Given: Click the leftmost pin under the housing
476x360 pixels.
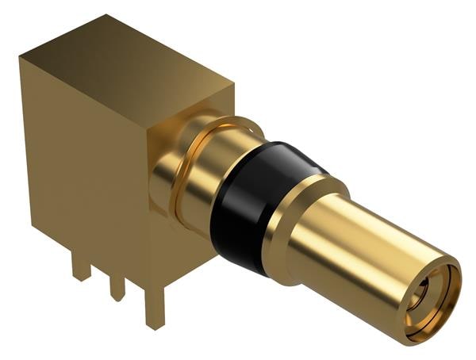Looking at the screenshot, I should coord(80,265).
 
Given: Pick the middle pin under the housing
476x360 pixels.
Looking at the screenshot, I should coord(117,285).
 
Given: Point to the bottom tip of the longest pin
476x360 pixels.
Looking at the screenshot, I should coord(153,326).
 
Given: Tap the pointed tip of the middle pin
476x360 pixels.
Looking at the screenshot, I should coord(117,298).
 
